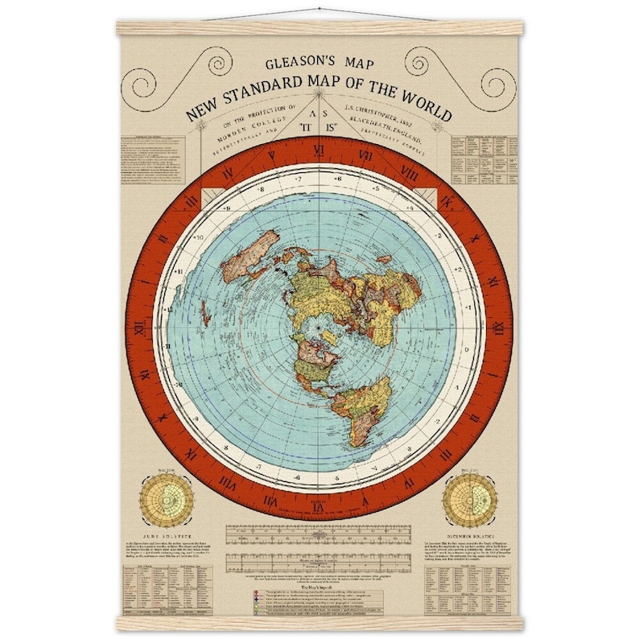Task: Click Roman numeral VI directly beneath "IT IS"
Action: pyautogui.click(x=319, y=150)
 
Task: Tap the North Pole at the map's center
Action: pyautogui.click(x=319, y=329)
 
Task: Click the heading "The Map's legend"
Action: pyautogui.click(x=319, y=586)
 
